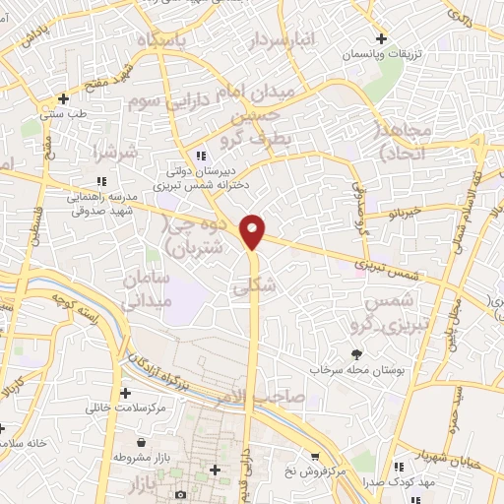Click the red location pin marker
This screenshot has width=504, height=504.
(x=254, y=232)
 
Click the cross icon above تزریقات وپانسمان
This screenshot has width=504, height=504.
(x=381, y=39)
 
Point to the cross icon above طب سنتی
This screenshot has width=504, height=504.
(x=64, y=98)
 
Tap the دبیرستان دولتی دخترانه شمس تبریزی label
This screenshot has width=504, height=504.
(x=202, y=174)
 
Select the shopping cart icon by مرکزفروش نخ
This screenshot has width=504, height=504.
(x=314, y=456)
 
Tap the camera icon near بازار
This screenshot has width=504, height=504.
(x=180, y=492)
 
